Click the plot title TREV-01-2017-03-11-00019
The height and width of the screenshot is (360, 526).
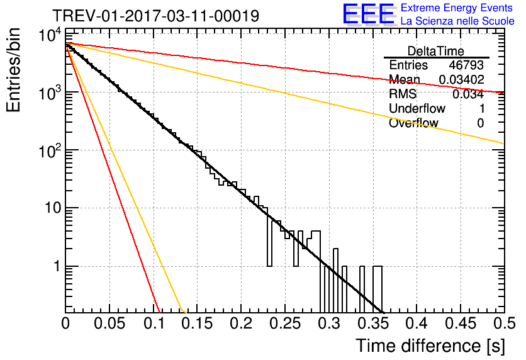(x=156, y=16)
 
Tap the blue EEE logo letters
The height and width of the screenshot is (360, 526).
(x=369, y=14)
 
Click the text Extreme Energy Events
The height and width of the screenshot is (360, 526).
(x=457, y=8)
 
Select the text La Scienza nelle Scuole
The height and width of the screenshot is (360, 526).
(x=457, y=21)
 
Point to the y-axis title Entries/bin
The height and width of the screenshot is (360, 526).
(x=13, y=70)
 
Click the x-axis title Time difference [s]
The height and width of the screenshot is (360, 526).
(x=430, y=346)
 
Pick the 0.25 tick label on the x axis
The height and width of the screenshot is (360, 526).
(x=285, y=323)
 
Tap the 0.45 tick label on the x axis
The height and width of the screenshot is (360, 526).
(x=461, y=323)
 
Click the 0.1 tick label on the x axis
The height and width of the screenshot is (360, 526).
(x=154, y=323)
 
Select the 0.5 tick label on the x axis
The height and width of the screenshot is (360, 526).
(x=504, y=323)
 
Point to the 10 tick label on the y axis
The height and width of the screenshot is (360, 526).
(x=53, y=208)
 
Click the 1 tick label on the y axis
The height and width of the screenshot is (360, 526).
(x=57, y=266)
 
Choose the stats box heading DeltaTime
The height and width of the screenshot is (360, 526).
(x=436, y=51)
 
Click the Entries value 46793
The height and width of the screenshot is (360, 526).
(x=466, y=65)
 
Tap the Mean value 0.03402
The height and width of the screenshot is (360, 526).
(x=462, y=79)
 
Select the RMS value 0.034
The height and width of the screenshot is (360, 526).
(x=468, y=94)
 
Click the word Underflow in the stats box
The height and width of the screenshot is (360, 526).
(x=417, y=108)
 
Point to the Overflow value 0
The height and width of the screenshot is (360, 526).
(x=481, y=123)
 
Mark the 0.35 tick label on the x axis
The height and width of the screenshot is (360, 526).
(x=373, y=323)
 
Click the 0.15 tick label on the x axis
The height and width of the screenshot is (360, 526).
(x=198, y=323)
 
